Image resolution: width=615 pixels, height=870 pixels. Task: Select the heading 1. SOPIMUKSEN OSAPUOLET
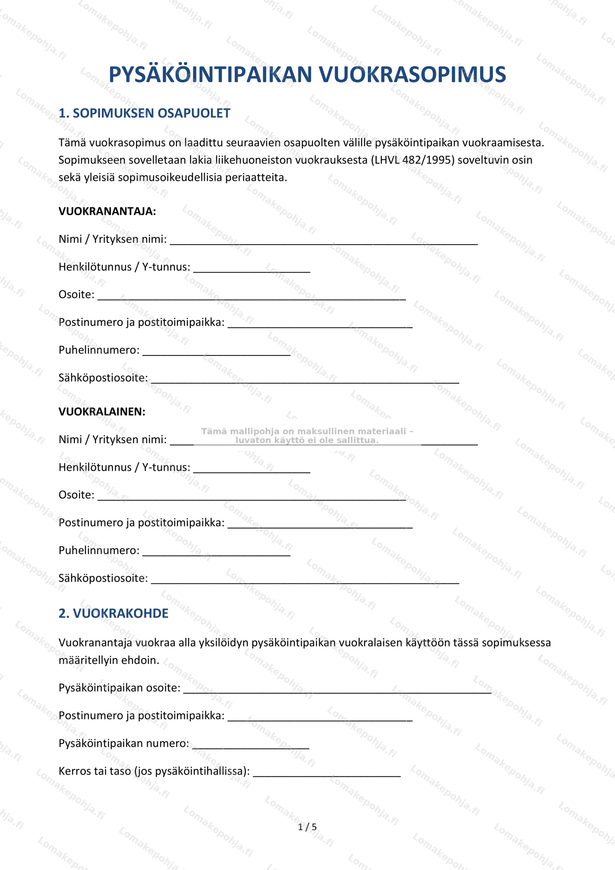click(x=144, y=113)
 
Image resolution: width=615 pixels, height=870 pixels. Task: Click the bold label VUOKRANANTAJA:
click(x=107, y=211)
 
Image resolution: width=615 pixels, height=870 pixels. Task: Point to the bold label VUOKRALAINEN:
click(x=102, y=412)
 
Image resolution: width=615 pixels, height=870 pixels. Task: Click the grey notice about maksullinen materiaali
click(x=307, y=436)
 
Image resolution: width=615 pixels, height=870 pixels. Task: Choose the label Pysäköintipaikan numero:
click(x=124, y=744)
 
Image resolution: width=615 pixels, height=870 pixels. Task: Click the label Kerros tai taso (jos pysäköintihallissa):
click(x=154, y=771)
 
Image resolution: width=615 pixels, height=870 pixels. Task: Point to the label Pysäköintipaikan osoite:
click(x=119, y=688)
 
